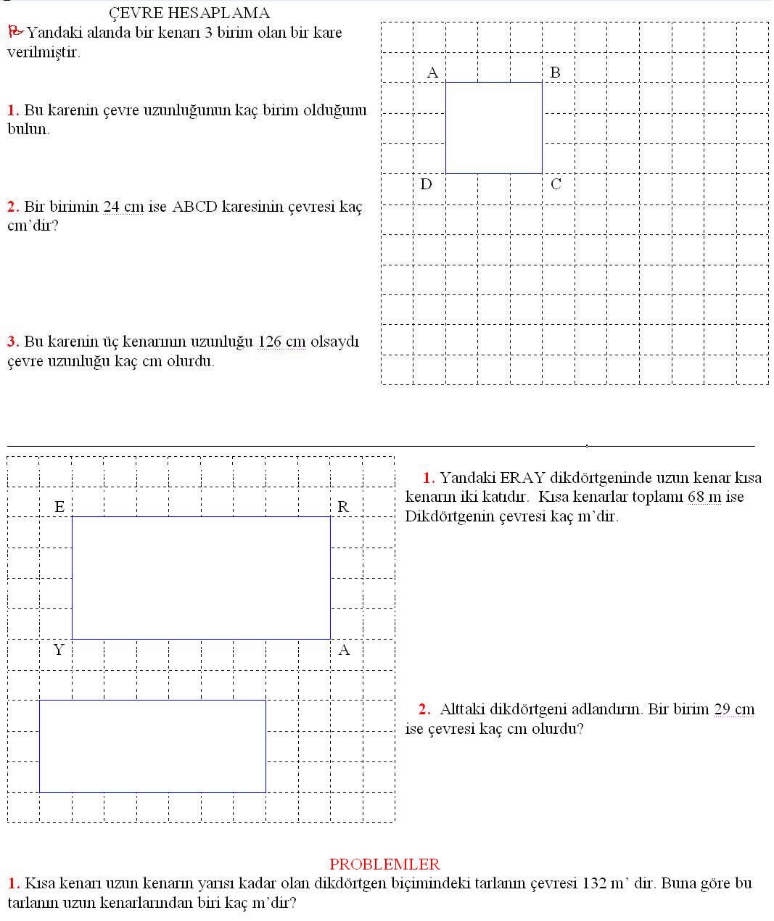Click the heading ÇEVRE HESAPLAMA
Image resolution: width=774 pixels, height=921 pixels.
[189, 13]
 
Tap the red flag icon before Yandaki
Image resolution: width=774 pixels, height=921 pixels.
[15, 31]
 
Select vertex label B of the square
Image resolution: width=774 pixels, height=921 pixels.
[555, 73]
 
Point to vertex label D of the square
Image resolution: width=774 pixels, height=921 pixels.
[426, 184]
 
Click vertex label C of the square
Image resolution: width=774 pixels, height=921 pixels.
[556, 184]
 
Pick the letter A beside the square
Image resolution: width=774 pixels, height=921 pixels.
[432, 73]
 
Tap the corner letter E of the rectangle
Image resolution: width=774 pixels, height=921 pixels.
[59, 506]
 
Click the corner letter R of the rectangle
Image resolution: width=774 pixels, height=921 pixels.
[343, 506]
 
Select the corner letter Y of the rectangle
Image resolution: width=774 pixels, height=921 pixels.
[59, 650]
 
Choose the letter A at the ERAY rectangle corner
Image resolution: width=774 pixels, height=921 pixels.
[344, 650]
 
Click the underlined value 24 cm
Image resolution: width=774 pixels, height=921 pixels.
[123, 207]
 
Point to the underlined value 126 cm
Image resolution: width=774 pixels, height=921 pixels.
[281, 342]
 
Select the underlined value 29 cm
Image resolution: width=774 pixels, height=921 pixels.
[734, 709]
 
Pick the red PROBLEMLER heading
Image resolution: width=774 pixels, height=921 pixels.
[384, 864]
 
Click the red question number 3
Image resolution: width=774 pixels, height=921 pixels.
[12, 342]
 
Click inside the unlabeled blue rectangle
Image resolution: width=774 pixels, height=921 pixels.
[152, 746]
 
